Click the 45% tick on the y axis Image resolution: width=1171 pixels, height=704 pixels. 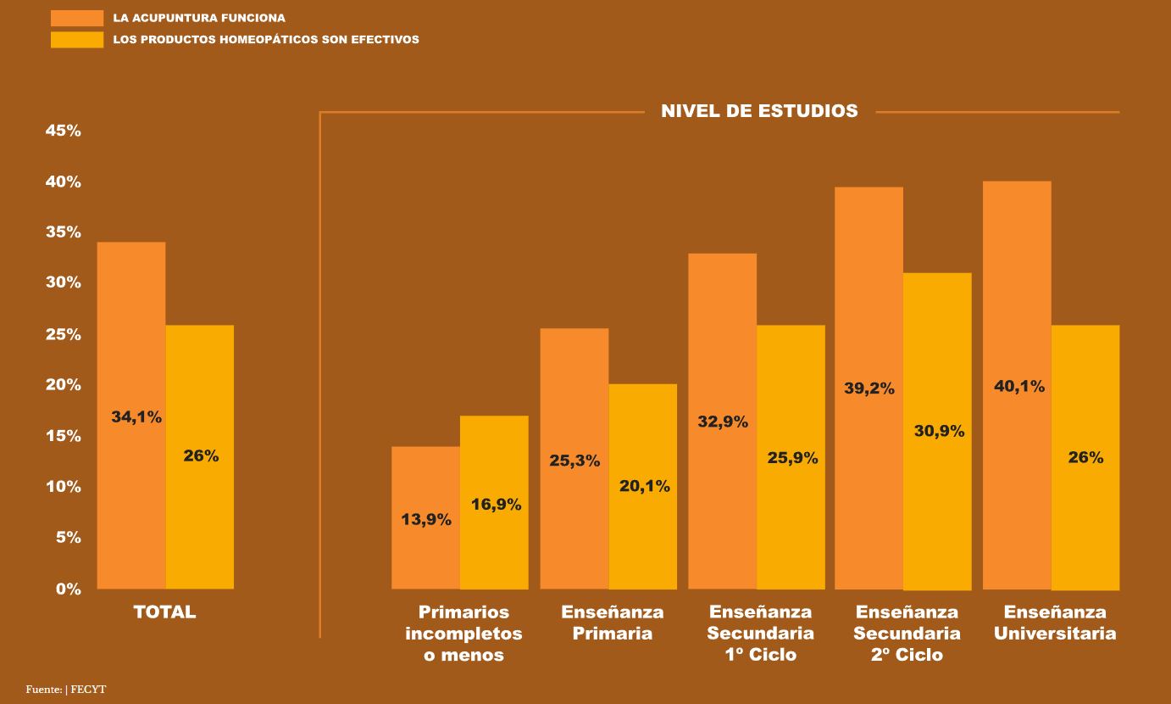pos(64,131)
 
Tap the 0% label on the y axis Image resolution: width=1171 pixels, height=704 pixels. pos(69,589)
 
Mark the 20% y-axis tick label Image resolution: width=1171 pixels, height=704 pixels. pos(64,385)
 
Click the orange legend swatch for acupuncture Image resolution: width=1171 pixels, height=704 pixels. pos(77,18)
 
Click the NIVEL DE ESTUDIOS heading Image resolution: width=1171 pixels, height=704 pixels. pos(759,111)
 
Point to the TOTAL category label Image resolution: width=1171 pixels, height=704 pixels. pos(164,612)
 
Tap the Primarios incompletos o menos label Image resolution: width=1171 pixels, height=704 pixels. pos(463,634)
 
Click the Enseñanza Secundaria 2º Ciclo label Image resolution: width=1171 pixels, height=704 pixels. pos(907,634)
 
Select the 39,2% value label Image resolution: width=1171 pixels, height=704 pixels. pos(869,388)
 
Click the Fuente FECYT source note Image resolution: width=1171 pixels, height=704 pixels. pos(66,689)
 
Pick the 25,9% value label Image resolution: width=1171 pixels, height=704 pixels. pos(792,458)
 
